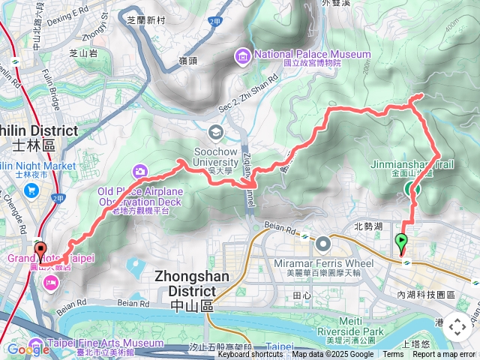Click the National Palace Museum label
[x=312, y=54]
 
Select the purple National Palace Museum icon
[x=244, y=55]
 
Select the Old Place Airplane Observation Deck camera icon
[x=140, y=172]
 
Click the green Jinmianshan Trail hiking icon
[x=412, y=190]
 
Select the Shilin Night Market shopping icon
[x=32, y=190]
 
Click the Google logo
[x=28, y=349]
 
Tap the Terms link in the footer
[x=393, y=355]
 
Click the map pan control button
[x=457, y=326]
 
